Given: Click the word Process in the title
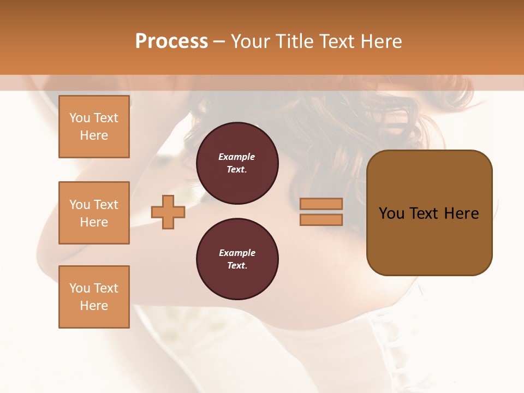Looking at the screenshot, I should pos(171,41).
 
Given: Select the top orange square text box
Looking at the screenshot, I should pos(94,127).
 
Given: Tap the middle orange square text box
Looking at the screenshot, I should pos(94,213).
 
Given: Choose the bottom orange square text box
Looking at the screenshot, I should pos(94,297).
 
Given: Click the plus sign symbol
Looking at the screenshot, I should pos(168,212).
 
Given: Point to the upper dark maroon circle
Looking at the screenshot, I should pos(237,163).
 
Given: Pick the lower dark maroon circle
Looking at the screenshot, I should pos(237,259).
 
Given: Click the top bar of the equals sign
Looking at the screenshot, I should pos(321,204).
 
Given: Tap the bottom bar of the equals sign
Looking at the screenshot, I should pos(321,219).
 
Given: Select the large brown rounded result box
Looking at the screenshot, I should pos(429,212).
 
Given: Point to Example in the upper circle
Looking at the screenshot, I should pos(236,157).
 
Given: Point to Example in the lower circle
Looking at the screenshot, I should pos(237,253).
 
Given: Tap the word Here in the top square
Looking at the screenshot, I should pos(94,135).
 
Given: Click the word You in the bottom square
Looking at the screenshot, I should pos(79,288).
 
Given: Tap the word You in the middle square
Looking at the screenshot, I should pos(79,205).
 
